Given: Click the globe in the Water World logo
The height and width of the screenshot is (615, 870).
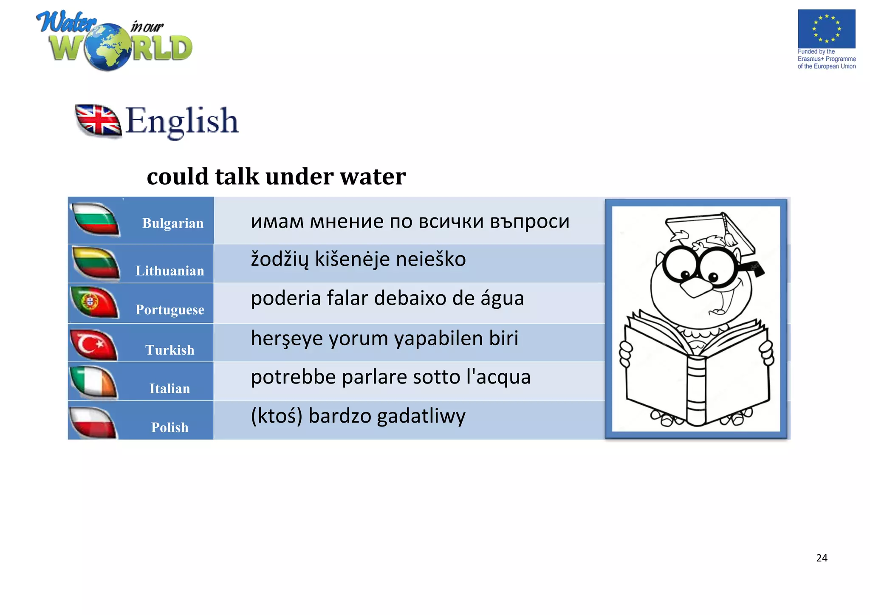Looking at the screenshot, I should [x=108, y=47].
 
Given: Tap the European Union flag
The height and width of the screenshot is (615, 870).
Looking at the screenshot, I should [x=826, y=29].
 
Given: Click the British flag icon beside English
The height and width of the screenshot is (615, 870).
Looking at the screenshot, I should [x=98, y=121].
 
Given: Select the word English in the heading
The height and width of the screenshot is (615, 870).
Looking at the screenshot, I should [x=182, y=121].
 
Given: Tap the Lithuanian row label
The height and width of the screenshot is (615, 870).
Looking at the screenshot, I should [x=169, y=271].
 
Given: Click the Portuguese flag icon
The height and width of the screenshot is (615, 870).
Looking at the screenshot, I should [x=94, y=302].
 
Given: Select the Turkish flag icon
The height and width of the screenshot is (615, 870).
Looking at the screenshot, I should [x=93, y=344].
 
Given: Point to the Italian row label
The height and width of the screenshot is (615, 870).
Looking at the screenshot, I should [x=169, y=389].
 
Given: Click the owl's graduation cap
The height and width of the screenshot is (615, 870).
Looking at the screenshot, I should [x=709, y=231].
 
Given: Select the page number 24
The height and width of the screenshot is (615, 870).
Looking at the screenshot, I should [x=822, y=558].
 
